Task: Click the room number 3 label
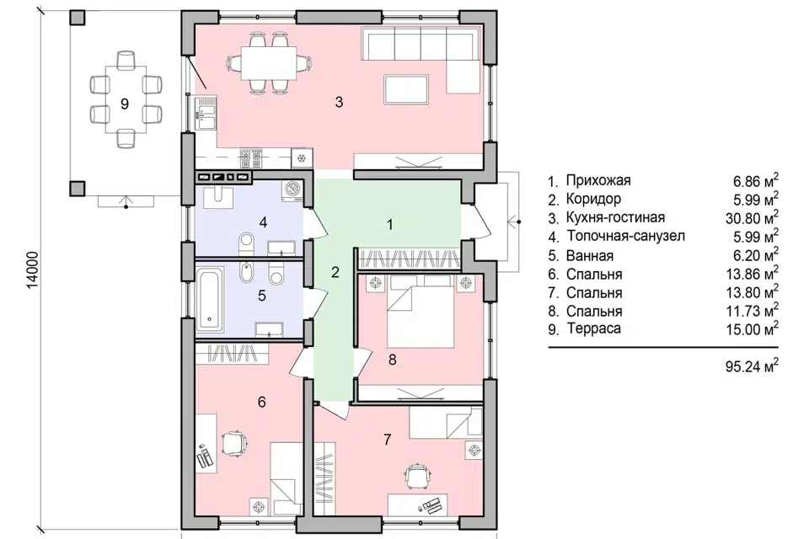coord(339,102)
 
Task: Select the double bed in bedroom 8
coord(421,312)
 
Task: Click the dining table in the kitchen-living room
coord(269,63)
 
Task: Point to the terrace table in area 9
coord(126,99)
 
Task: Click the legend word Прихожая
coord(598,180)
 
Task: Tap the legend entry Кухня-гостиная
coord(615,217)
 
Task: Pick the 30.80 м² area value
coord(752,217)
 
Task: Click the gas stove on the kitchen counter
coord(251,158)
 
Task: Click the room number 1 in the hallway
coord(390,225)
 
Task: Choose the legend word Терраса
coord(594,328)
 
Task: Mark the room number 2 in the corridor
coord(335,272)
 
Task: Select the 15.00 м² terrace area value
coord(752,328)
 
